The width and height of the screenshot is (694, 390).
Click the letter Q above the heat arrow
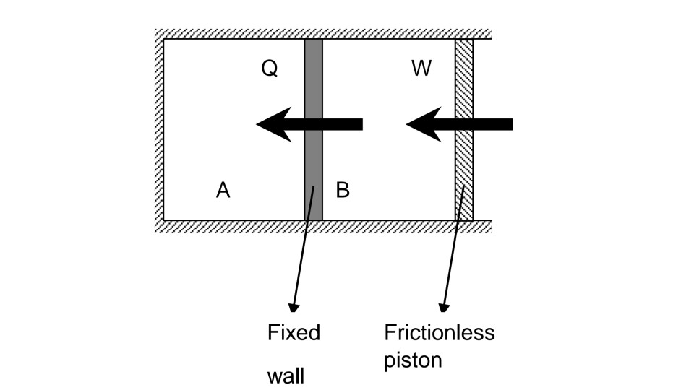pos(270,69)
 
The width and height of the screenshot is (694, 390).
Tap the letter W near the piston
pos(421,69)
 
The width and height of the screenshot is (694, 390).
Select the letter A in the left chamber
pos(223,190)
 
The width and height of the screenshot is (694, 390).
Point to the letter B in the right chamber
pos(343,190)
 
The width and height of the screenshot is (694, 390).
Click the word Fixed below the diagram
pos(294,333)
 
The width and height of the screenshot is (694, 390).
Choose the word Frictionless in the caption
pos(439,332)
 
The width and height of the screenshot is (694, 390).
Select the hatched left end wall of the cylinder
pos(159,130)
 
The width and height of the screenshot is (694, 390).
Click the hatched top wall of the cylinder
pos(325,33)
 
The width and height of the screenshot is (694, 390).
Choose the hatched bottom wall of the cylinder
pos(325,226)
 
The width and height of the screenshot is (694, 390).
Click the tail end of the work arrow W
pos(510,124)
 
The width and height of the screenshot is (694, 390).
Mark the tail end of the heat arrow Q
pos(361,124)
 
